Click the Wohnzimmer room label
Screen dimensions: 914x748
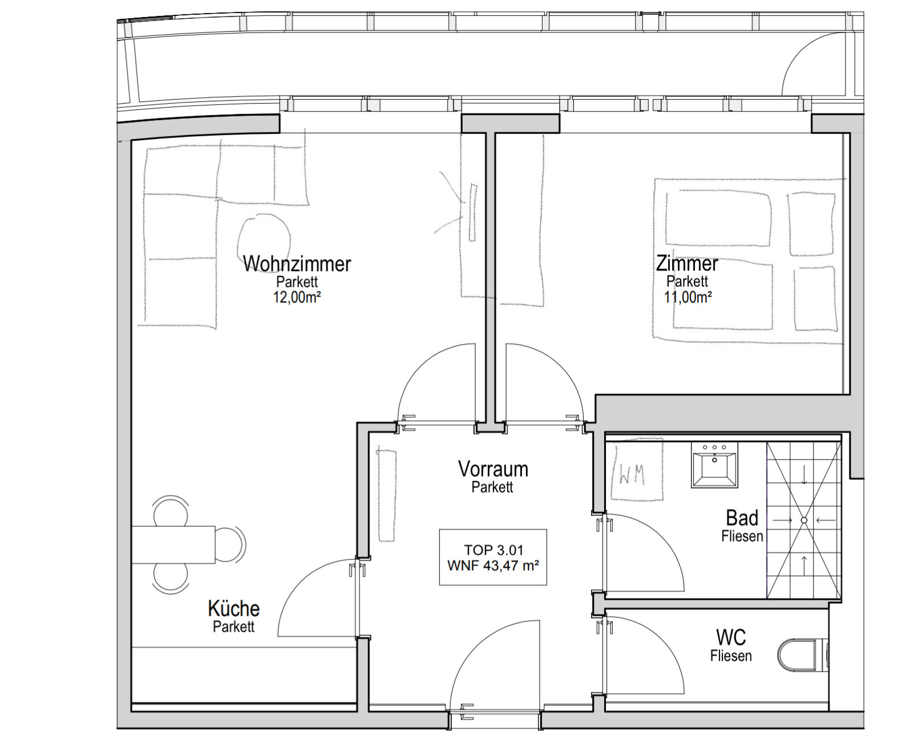297,264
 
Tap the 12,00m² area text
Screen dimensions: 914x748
297,297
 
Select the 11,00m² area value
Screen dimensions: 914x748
687,297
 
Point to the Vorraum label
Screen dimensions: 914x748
493,469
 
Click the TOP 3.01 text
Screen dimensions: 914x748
494,550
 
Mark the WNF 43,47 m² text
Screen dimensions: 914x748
493,566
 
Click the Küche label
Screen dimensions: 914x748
233,608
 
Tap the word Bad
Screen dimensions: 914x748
742,518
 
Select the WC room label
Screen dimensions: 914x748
731,637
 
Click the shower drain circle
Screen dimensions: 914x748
804,521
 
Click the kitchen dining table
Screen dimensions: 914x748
173,544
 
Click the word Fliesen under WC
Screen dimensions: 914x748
731,656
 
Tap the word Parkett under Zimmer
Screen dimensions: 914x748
687,281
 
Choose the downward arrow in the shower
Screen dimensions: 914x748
804,475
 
